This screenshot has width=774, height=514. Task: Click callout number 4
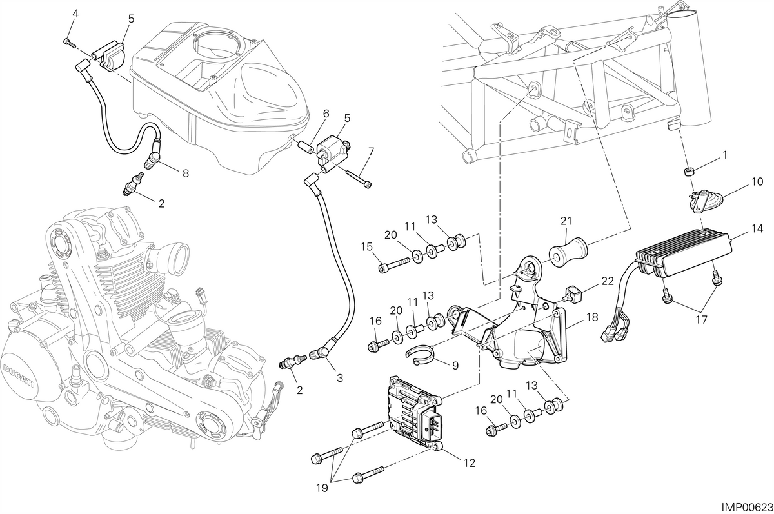tap(75, 14)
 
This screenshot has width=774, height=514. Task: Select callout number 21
tap(566, 221)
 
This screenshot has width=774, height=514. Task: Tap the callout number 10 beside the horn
tap(757, 182)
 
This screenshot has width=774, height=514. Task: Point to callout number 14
tap(757, 229)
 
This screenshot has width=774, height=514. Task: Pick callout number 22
tap(608, 281)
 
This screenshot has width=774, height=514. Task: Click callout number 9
tap(455, 366)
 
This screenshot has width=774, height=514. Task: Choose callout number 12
tap(470, 463)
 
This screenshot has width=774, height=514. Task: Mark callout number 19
tap(322, 488)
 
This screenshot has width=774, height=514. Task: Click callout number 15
tap(367, 246)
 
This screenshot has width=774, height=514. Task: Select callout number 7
tap(371, 152)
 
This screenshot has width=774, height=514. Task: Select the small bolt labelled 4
tap(70, 42)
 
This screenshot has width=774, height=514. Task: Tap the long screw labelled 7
tap(358, 178)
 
